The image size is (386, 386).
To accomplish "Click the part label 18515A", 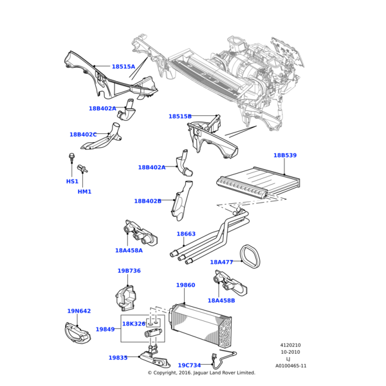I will (x=123, y=67).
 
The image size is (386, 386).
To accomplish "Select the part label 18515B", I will (x=179, y=116).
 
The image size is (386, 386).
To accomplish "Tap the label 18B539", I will (x=285, y=156).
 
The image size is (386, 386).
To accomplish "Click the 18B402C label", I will (x=83, y=134).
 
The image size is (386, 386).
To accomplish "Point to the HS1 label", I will (x=72, y=181).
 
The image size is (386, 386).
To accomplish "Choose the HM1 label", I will (x=84, y=192).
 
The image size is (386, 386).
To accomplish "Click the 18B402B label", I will (x=147, y=201).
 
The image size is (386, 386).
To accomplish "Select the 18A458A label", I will (x=129, y=250).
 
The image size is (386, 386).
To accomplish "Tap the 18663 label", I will (x=186, y=235).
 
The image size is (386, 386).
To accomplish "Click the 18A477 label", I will (x=221, y=262).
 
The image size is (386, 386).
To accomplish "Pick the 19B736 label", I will (x=129, y=271).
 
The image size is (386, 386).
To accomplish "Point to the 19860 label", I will (x=185, y=285).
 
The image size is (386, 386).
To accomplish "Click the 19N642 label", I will (x=78, y=311).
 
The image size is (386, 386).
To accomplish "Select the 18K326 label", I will (x=134, y=324).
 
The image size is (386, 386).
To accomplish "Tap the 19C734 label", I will (x=189, y=365).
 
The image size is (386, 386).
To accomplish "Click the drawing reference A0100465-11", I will (x=291, y=365).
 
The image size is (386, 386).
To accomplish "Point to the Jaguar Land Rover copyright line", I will (x=201, y=373).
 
